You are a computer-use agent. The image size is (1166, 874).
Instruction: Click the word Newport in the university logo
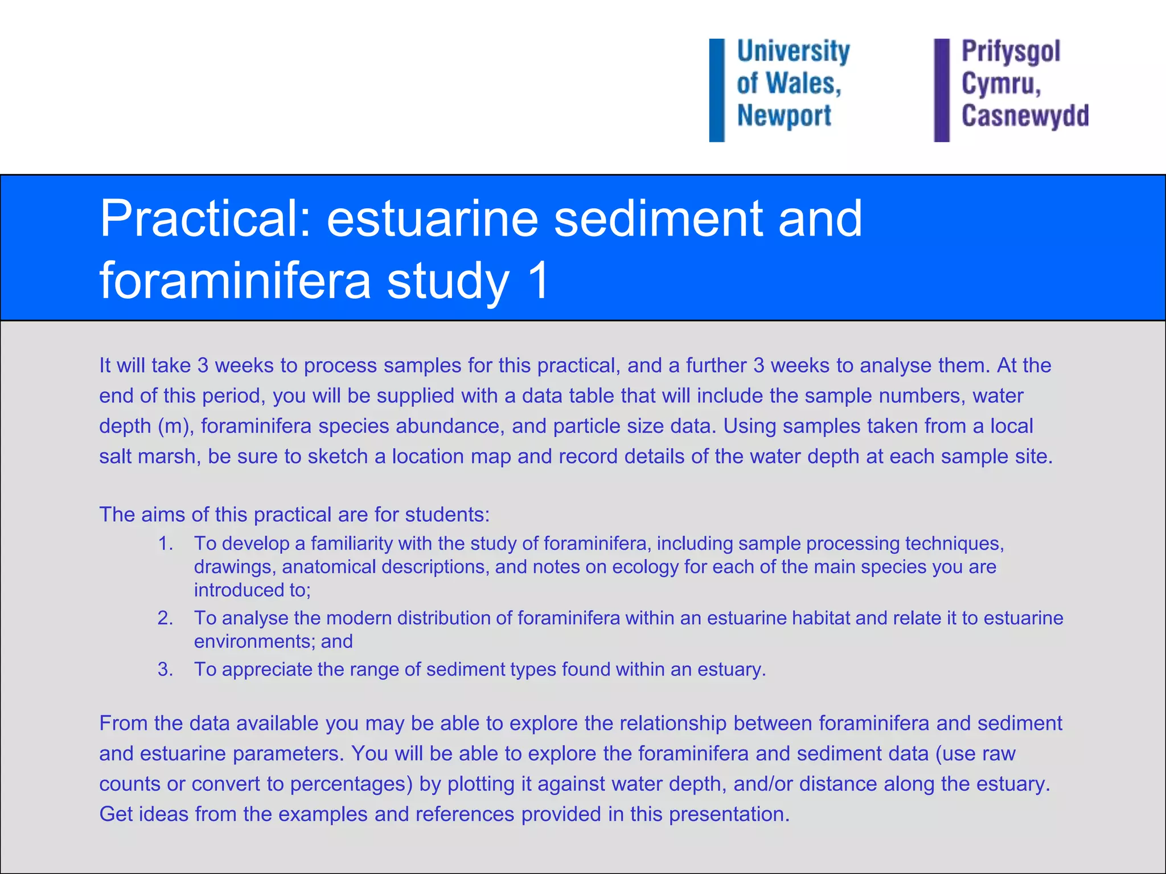click(x=784, y=116)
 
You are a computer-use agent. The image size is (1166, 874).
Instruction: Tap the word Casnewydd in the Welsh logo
click(x=1025, y=116)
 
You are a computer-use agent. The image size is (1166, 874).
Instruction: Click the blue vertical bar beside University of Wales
click(x=717, y=90)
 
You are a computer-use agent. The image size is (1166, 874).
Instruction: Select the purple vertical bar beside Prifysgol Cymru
click(x=942, y=90)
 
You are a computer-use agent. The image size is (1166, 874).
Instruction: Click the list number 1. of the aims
click(x=165, y=543)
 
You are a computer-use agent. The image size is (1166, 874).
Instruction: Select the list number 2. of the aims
click(x=165, y=618)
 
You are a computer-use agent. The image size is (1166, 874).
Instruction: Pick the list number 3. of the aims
click(x=165, y=669)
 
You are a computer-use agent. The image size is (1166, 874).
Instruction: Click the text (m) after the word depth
click(x=175, y=426)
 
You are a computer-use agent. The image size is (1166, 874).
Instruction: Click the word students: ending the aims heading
click(x=447, y=514)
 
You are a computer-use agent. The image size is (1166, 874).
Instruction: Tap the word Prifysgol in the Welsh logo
click(x=1011, y=51)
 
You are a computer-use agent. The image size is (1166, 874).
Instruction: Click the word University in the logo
click(x=793, y=51)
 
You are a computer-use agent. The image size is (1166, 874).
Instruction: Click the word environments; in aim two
click(x=254, y=641)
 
